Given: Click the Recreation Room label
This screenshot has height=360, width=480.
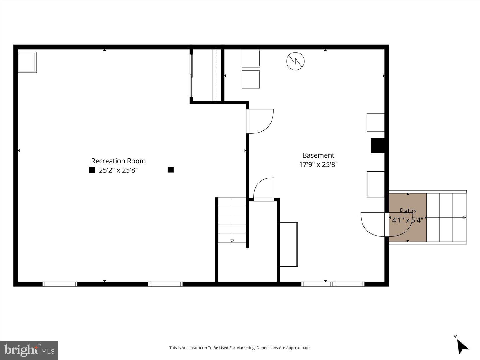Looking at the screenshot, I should pos(118,161).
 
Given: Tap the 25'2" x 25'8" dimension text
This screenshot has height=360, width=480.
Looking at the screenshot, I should pos(118,170).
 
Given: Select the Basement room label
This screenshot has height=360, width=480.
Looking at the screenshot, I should pos(318,155).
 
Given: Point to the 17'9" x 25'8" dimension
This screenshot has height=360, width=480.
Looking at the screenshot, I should pos(318,164).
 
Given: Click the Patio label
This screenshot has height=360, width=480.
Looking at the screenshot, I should pos(407,211).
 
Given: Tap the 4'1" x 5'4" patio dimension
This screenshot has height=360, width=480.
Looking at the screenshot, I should pos(407,220).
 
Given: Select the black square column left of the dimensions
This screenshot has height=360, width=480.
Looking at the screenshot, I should pos(92,170).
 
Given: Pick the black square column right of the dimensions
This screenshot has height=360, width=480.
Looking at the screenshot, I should pos(171,169).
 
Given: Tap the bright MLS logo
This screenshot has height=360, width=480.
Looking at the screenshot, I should pos(29,350).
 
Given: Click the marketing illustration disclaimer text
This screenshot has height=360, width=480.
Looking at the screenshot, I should pos(240,348).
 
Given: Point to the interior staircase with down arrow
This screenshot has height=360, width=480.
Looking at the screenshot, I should pos(232,220).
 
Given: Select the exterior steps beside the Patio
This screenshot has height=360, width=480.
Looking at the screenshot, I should pos(446,217).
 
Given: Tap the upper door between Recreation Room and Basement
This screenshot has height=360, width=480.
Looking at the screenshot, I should pos(261,121).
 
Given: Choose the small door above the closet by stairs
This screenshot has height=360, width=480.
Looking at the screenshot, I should pos(264,189).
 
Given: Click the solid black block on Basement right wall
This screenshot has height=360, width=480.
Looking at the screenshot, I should pos(377,145).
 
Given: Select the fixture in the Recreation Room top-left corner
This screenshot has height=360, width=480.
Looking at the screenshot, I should pos(27,62).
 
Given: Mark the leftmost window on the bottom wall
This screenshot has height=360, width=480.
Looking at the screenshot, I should pos(60,284).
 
